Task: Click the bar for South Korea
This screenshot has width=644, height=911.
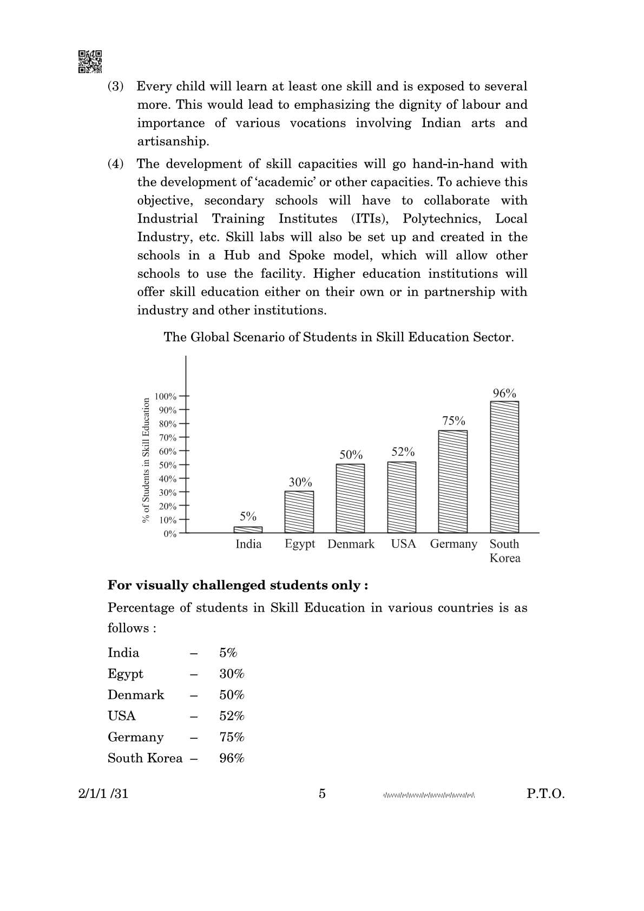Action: coord(504,467)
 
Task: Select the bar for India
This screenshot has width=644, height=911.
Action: coord(248,529)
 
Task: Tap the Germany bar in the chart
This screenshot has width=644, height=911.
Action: coord(452,481)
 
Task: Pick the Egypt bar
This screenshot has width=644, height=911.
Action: coord(299,512)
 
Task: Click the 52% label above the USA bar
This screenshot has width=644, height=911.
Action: coord(403,452)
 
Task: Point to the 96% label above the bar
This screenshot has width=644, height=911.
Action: coord(504,394)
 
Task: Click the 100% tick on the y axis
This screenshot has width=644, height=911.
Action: coord(166,396)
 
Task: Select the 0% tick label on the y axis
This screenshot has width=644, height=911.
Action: coord(170,534)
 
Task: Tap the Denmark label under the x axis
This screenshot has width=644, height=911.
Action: coord(351,544)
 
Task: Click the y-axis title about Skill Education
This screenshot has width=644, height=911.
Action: coord(146,460)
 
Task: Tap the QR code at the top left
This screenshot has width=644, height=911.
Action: coord(90,61)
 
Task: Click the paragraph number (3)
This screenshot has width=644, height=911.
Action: coord(115,86)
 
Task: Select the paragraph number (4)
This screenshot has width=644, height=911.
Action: coord(115,163)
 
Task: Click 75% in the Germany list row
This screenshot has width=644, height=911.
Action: coord(232,737)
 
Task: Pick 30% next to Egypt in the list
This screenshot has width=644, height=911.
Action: coord(232,673)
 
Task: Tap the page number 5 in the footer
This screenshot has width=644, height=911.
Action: coord(322,794)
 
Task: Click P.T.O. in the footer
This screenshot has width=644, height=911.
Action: coord(546,794)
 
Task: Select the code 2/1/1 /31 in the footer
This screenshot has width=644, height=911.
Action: coord(103,794)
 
